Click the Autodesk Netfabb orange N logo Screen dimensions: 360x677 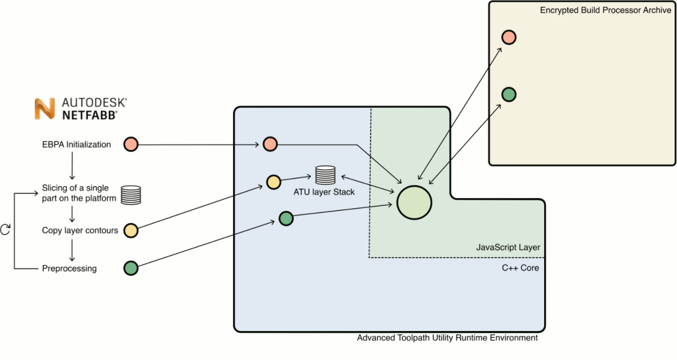[x=45, y=109]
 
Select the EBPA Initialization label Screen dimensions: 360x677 [x=77, y=145]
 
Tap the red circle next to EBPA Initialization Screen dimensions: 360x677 [x=131, y=145]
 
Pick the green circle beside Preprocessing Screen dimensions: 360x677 [x=131, y=268]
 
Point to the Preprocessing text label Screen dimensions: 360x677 [x=70, y=268]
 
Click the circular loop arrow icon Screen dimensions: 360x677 [x=6, y=229]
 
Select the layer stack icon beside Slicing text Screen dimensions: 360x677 [x=131, y=195]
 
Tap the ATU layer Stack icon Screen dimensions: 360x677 [x=325, y=175]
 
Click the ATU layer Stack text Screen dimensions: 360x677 [x=324, y=192]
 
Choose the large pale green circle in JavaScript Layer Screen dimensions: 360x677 [x=414, y=202]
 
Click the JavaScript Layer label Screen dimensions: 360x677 [x=508, y=247]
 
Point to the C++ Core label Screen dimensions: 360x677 [x=520, y=268]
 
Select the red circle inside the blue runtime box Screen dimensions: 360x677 [x=270, y=144]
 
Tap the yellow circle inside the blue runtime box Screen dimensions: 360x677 [x=274, y=182]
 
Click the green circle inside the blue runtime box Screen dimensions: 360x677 [x=286, y=219]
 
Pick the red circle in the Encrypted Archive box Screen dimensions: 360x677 [x=508, y=37]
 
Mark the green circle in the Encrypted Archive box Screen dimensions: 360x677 [x=508, y=95]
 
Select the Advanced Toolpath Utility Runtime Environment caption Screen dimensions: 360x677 [x=447, y=338]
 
